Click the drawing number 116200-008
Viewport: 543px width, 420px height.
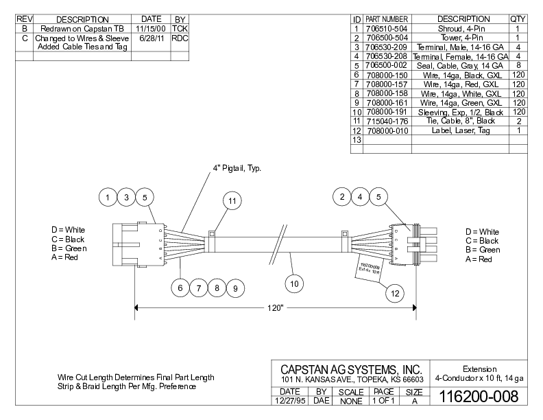pos(474,397)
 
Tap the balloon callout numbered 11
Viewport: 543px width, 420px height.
pos(233,201)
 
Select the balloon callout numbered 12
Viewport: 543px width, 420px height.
pos(394,293)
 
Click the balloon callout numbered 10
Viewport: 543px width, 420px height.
pos(294,281)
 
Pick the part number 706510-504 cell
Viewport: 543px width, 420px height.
pos(387,29)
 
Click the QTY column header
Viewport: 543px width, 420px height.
pos(518,19)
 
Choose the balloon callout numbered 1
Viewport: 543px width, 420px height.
pos(108,198)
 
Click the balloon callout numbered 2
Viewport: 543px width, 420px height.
pos(341,198)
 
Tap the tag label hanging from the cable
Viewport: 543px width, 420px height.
pos(370,261)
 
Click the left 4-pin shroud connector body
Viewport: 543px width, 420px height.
pos(136,243)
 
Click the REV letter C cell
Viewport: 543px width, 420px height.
pos(24,38)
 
